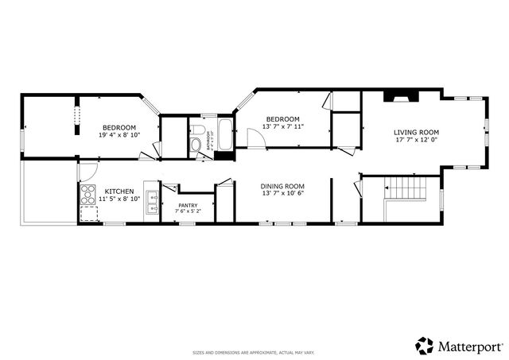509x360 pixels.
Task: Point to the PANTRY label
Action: pos(188,205)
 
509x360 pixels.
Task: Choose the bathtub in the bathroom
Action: pos(224,134)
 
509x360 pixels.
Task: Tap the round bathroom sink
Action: pos(195,145)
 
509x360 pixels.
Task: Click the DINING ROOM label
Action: pos(283,186)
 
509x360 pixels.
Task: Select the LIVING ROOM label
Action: pos(417,132)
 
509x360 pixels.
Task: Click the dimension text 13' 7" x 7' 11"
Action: pos(284,126)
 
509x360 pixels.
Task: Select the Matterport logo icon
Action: pos(424,345)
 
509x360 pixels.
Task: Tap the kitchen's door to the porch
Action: pos(87,170)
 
